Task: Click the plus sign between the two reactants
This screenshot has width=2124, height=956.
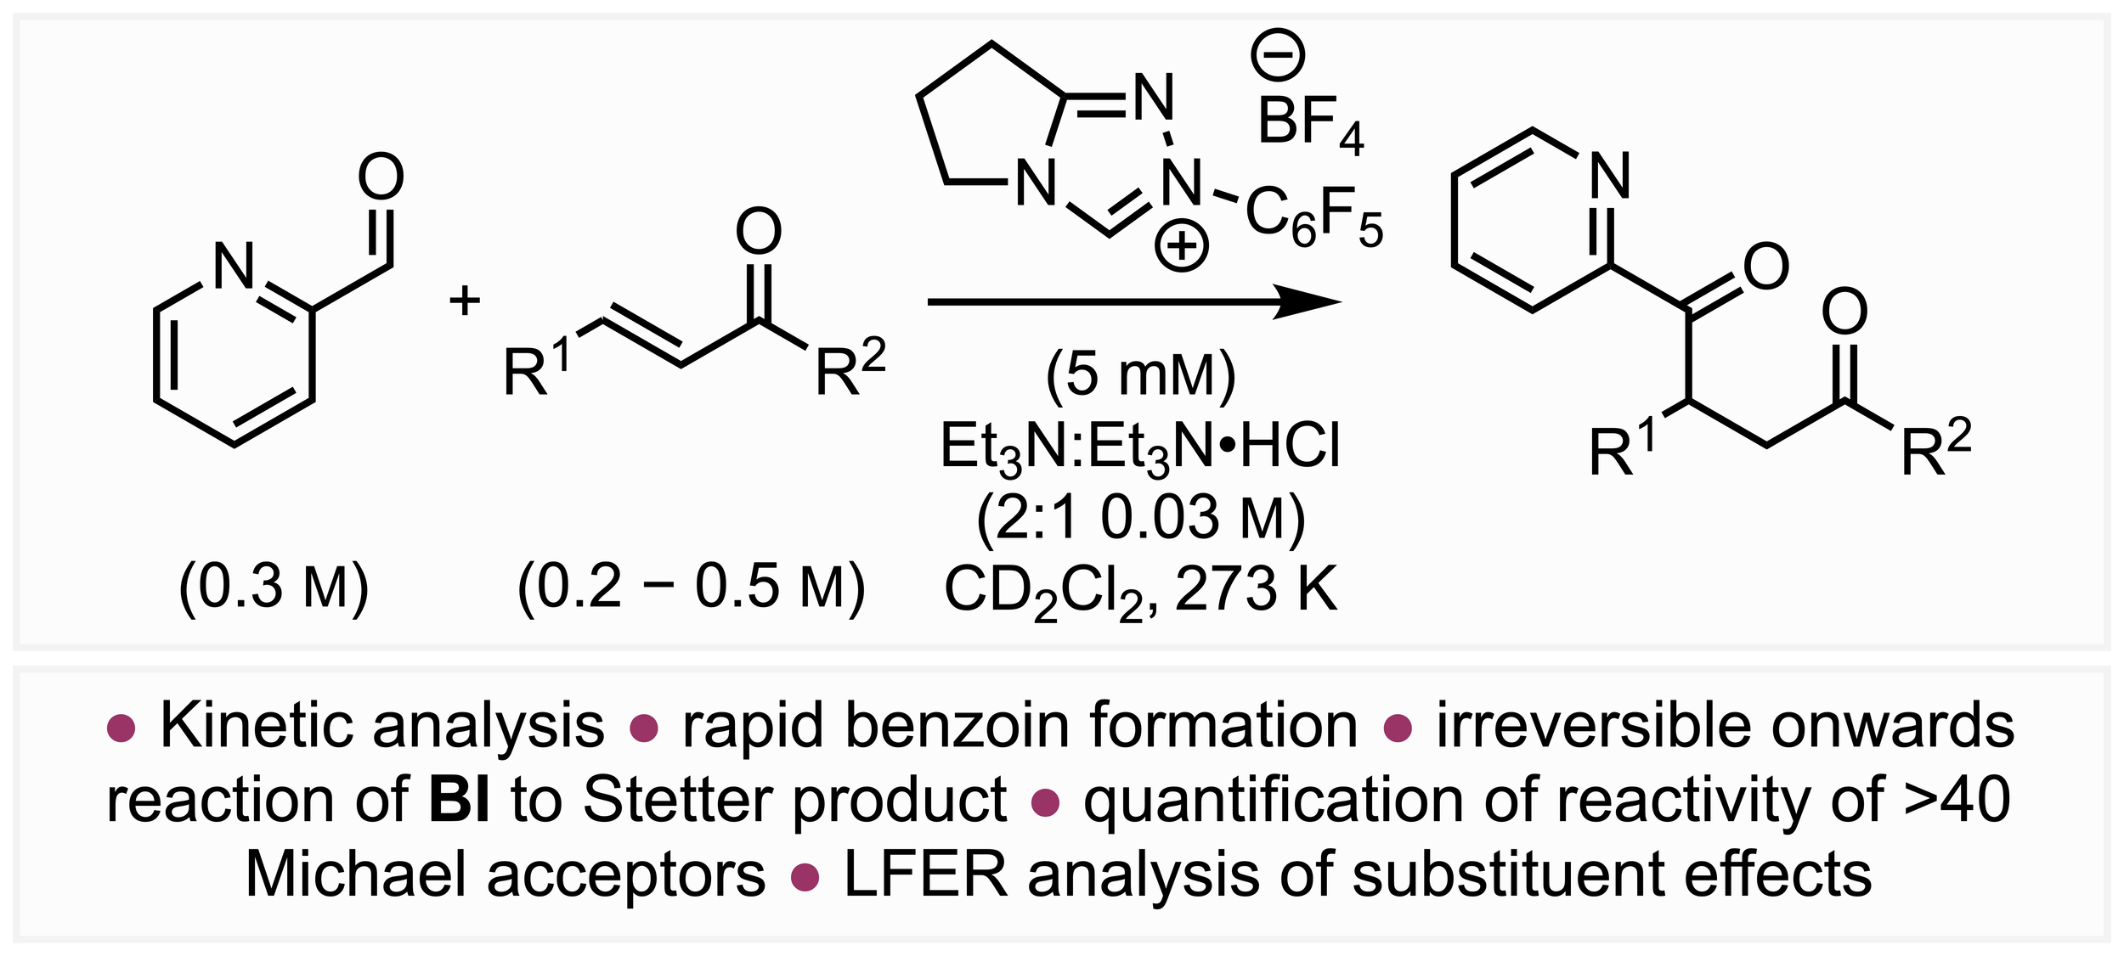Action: pyautogui.click(x=465, y=301)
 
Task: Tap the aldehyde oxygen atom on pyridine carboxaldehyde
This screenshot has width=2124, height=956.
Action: pyautogui.click(x=381, y=177)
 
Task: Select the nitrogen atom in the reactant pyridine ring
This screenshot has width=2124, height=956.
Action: pyautogui.click(x=234, y=266)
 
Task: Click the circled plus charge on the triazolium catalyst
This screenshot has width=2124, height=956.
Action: pyautogui.click(x=1181, y=247)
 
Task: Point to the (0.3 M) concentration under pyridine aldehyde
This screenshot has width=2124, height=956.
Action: pyautogui.click(x=274, y=587)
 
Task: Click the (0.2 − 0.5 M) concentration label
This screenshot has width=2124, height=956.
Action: pyautogui.click(x=691, y=587)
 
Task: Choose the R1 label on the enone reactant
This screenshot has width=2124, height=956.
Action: pyautogui.click(x=536, y=368)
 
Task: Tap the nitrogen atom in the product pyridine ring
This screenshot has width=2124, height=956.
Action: pyautogui.click(x=1610, y=177)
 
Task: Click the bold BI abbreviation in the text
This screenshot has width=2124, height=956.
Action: pyautogui.click(x=459, y=801)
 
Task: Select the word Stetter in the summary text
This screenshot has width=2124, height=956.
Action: pyautogui.click(x=676, y=801)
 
